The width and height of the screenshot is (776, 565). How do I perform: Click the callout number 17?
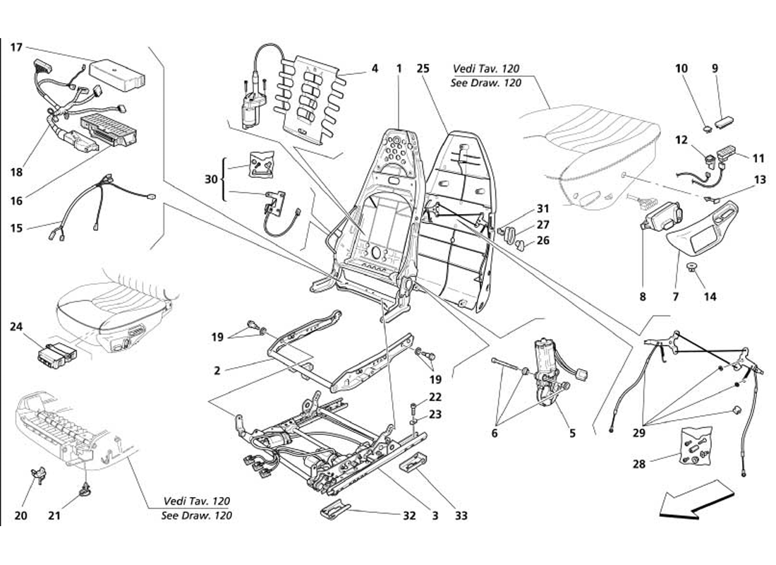[16, 47]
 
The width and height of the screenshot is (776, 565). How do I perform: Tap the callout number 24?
[16, 326]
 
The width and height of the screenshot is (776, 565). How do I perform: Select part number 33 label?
[461, 516]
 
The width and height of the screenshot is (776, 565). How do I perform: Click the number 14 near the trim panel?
[710, 297]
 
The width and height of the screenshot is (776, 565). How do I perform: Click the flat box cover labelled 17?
[119, 72]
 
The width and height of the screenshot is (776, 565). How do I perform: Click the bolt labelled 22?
[413, 408]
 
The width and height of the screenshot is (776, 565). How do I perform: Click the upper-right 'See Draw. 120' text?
[485, 83]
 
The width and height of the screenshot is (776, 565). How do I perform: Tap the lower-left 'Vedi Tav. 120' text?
[196, 501]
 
